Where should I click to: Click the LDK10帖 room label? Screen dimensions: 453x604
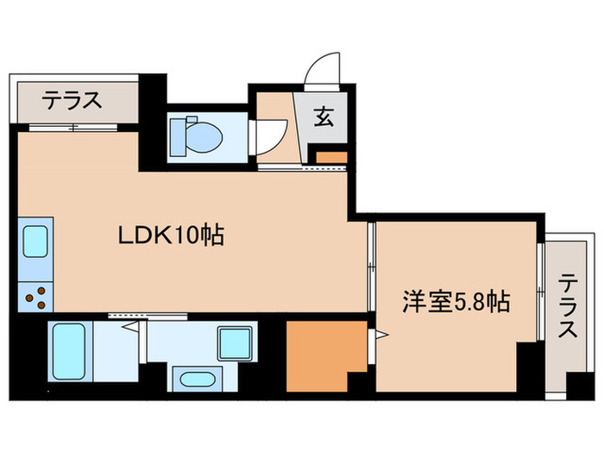point(171,234)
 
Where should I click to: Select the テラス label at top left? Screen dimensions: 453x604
point(73,102)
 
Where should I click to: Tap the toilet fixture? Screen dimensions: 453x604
point(195,135)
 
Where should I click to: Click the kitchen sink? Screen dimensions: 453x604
point(35,242)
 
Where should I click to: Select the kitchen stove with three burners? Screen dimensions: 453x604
point(35,297)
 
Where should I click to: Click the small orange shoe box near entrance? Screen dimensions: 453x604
point(330,158)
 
